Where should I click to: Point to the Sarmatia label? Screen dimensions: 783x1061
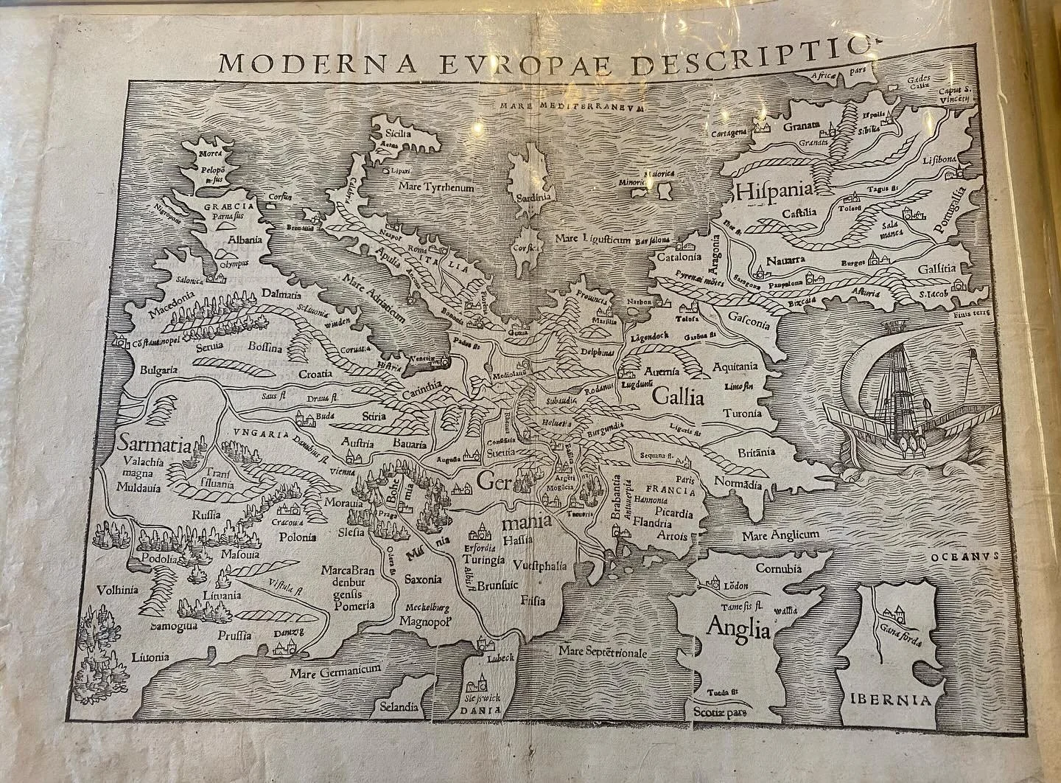point(153,445)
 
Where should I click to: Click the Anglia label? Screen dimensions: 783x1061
point(738,629)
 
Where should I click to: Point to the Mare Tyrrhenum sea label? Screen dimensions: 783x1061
point(435,187)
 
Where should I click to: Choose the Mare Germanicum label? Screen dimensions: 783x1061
point(334,671)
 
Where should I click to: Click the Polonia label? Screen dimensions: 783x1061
point(297,536)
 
